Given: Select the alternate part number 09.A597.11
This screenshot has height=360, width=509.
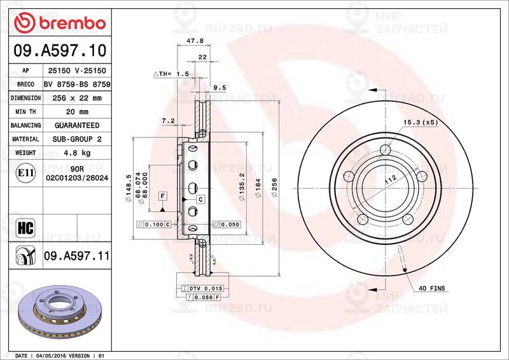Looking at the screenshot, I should pos(77,256).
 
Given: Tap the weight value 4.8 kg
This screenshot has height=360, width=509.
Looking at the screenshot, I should pos(77,153).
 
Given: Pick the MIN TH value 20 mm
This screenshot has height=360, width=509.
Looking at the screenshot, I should pos(77,111).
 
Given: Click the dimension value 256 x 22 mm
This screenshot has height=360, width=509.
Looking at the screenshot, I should pos(77,98).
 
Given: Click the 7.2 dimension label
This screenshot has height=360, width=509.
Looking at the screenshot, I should pos(168,120).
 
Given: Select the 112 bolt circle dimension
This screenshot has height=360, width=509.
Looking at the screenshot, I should pos(389,180).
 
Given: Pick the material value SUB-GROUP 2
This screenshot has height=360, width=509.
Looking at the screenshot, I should pos(77,139).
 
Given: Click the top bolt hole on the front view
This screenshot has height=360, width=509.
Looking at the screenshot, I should pos(386,150).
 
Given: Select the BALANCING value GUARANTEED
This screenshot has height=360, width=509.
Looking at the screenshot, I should pos(77,125).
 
